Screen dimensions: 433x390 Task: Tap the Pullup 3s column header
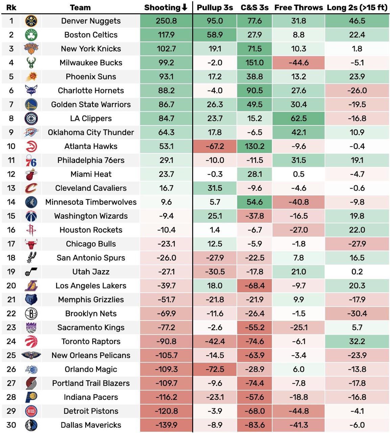tap(215, 7)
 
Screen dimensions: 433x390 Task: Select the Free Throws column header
tap(298, 7)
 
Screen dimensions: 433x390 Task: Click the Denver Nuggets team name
tap(91, 21)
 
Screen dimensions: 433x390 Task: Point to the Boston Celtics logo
tap(31, 35)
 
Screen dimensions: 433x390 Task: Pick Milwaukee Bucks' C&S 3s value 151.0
tap(254, 63)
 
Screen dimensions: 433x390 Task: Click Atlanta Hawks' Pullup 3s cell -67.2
tap(215, 146)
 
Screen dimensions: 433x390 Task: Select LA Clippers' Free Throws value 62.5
tap(298, 119)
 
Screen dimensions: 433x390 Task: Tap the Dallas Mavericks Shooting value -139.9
tap(166, 425)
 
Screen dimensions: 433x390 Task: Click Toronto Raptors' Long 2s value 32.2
tap(357, 341)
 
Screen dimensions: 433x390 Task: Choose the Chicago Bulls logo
tap(31, 244)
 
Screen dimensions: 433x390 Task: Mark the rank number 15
tap(11, 216)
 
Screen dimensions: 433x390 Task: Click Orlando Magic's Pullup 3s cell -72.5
tap(215, 369)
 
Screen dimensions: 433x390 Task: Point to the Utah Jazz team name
tap(91, 272)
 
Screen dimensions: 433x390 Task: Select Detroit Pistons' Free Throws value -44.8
tap(298, 411)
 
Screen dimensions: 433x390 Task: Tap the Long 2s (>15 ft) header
tap(357, 7)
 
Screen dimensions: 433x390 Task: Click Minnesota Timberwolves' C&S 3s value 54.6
tap(254, 202)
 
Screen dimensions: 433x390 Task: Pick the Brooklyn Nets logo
tap(31, 314)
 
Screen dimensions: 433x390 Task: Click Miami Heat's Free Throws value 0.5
tap(298, 174)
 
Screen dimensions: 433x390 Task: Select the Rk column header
tap(11, 7)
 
